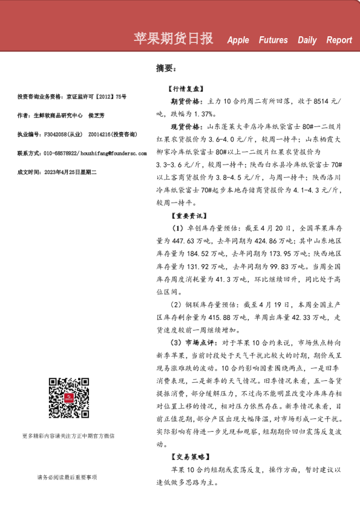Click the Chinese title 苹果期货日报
(x=173, y=39)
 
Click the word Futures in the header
(x=273, y=41)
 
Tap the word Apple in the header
(x=238, y=41)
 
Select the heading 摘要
(x=165, y=68)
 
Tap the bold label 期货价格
(x=187, y=102)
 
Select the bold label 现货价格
(x=187, y=127)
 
